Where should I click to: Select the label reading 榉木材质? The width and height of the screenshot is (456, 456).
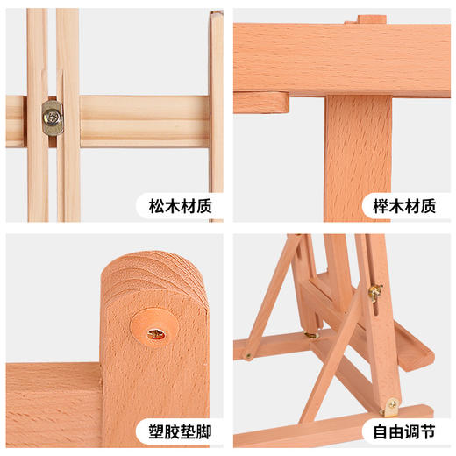[x=402, y=207]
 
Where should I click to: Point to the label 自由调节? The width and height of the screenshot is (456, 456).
[x=402, y=431]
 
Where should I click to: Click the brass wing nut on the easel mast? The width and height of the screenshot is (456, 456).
[x=375, y=292]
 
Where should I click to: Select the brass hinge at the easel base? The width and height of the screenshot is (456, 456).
[x=391, y=405]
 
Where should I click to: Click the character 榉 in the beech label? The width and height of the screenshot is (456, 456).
[x=378, y=207]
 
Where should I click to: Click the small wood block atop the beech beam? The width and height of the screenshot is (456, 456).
[x=372, y=18]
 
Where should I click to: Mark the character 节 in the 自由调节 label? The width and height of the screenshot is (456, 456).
[x=425, y=431]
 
